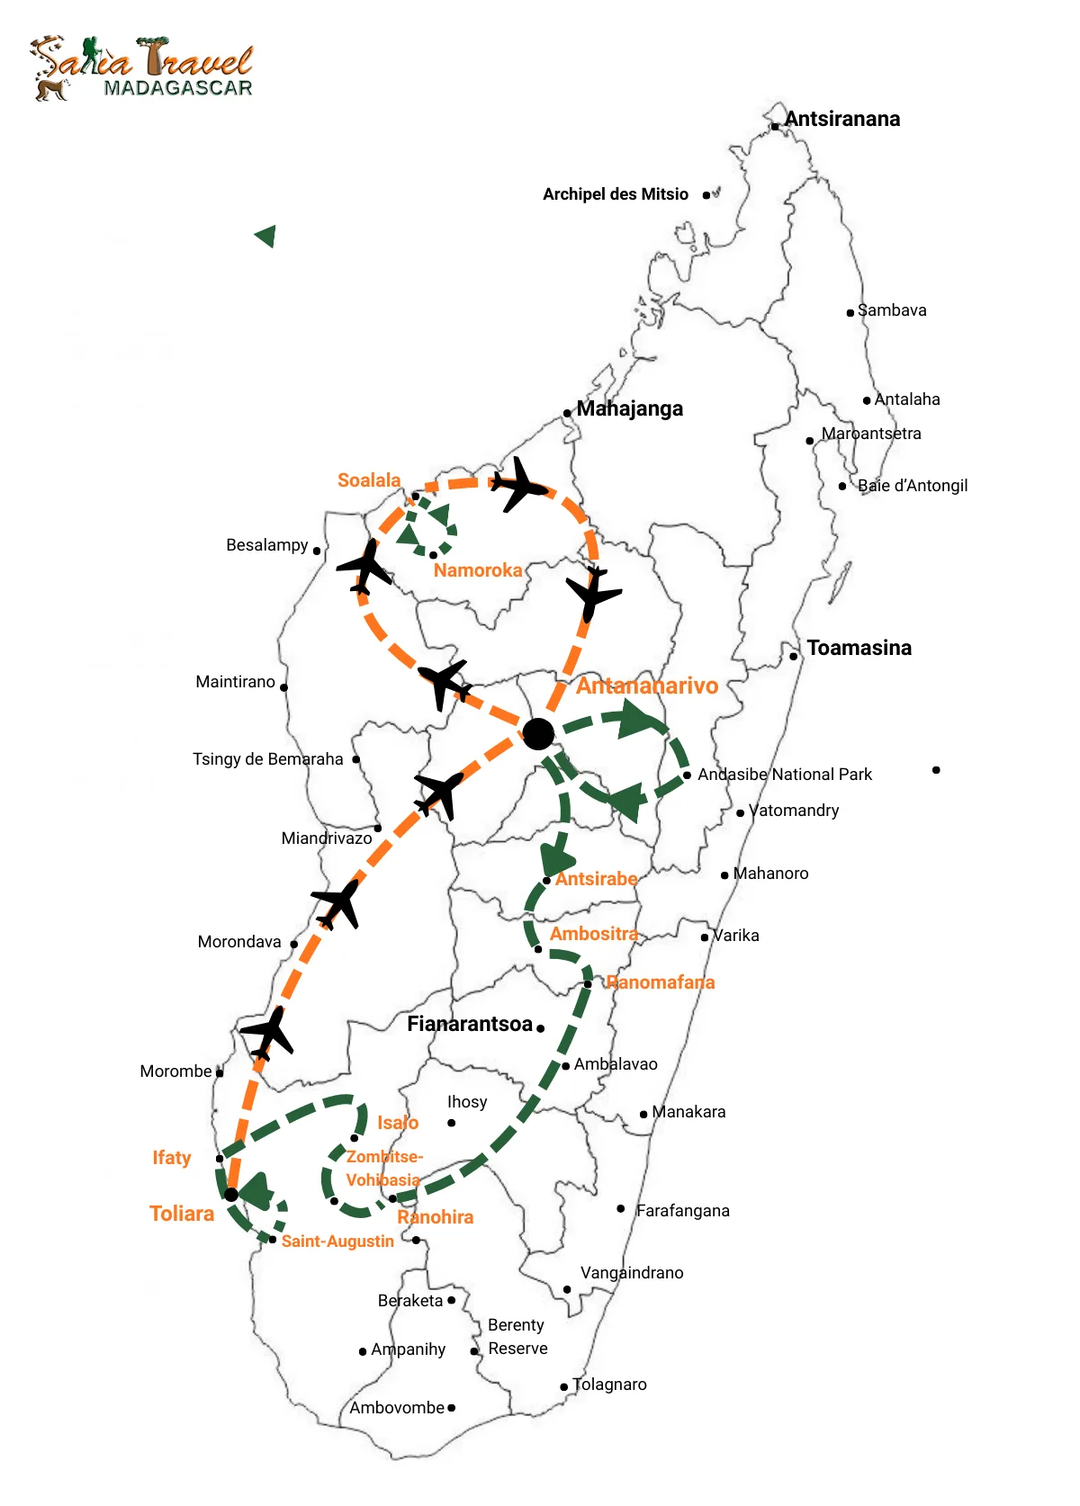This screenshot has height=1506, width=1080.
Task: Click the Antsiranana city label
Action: pos(841,119)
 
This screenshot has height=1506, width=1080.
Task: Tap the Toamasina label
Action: pos(859,648)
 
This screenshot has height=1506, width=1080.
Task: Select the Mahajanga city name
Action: pos(629,408)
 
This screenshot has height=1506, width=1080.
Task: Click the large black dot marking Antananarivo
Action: pos(538,734)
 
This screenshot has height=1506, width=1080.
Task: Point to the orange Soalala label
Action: pos(369,480)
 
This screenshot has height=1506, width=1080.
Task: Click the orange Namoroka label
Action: pos(478,570)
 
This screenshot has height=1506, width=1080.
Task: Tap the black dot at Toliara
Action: pos(231,1195)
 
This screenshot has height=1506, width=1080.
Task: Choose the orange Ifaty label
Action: pos(172,1158)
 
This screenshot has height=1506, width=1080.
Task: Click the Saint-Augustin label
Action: pos(337,1242)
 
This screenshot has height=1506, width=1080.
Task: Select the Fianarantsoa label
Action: pos(470,1024)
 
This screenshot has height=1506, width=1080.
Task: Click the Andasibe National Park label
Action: pos(785,775)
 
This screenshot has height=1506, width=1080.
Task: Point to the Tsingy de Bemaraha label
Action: pos(268,759)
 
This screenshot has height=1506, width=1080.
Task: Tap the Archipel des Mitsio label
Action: pos(616,194)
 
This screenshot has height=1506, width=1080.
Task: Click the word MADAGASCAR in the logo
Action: pos(178,88)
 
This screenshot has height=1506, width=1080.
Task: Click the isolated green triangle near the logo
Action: pos(265,237)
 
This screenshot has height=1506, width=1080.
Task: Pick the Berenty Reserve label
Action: pos(517,1337)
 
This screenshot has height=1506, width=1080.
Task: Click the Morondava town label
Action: pos(239,942)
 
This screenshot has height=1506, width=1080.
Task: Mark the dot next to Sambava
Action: pos(850,313)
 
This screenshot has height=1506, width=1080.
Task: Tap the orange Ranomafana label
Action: pos(661,982)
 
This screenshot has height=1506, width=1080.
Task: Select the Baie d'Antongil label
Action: pos(913,486)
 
